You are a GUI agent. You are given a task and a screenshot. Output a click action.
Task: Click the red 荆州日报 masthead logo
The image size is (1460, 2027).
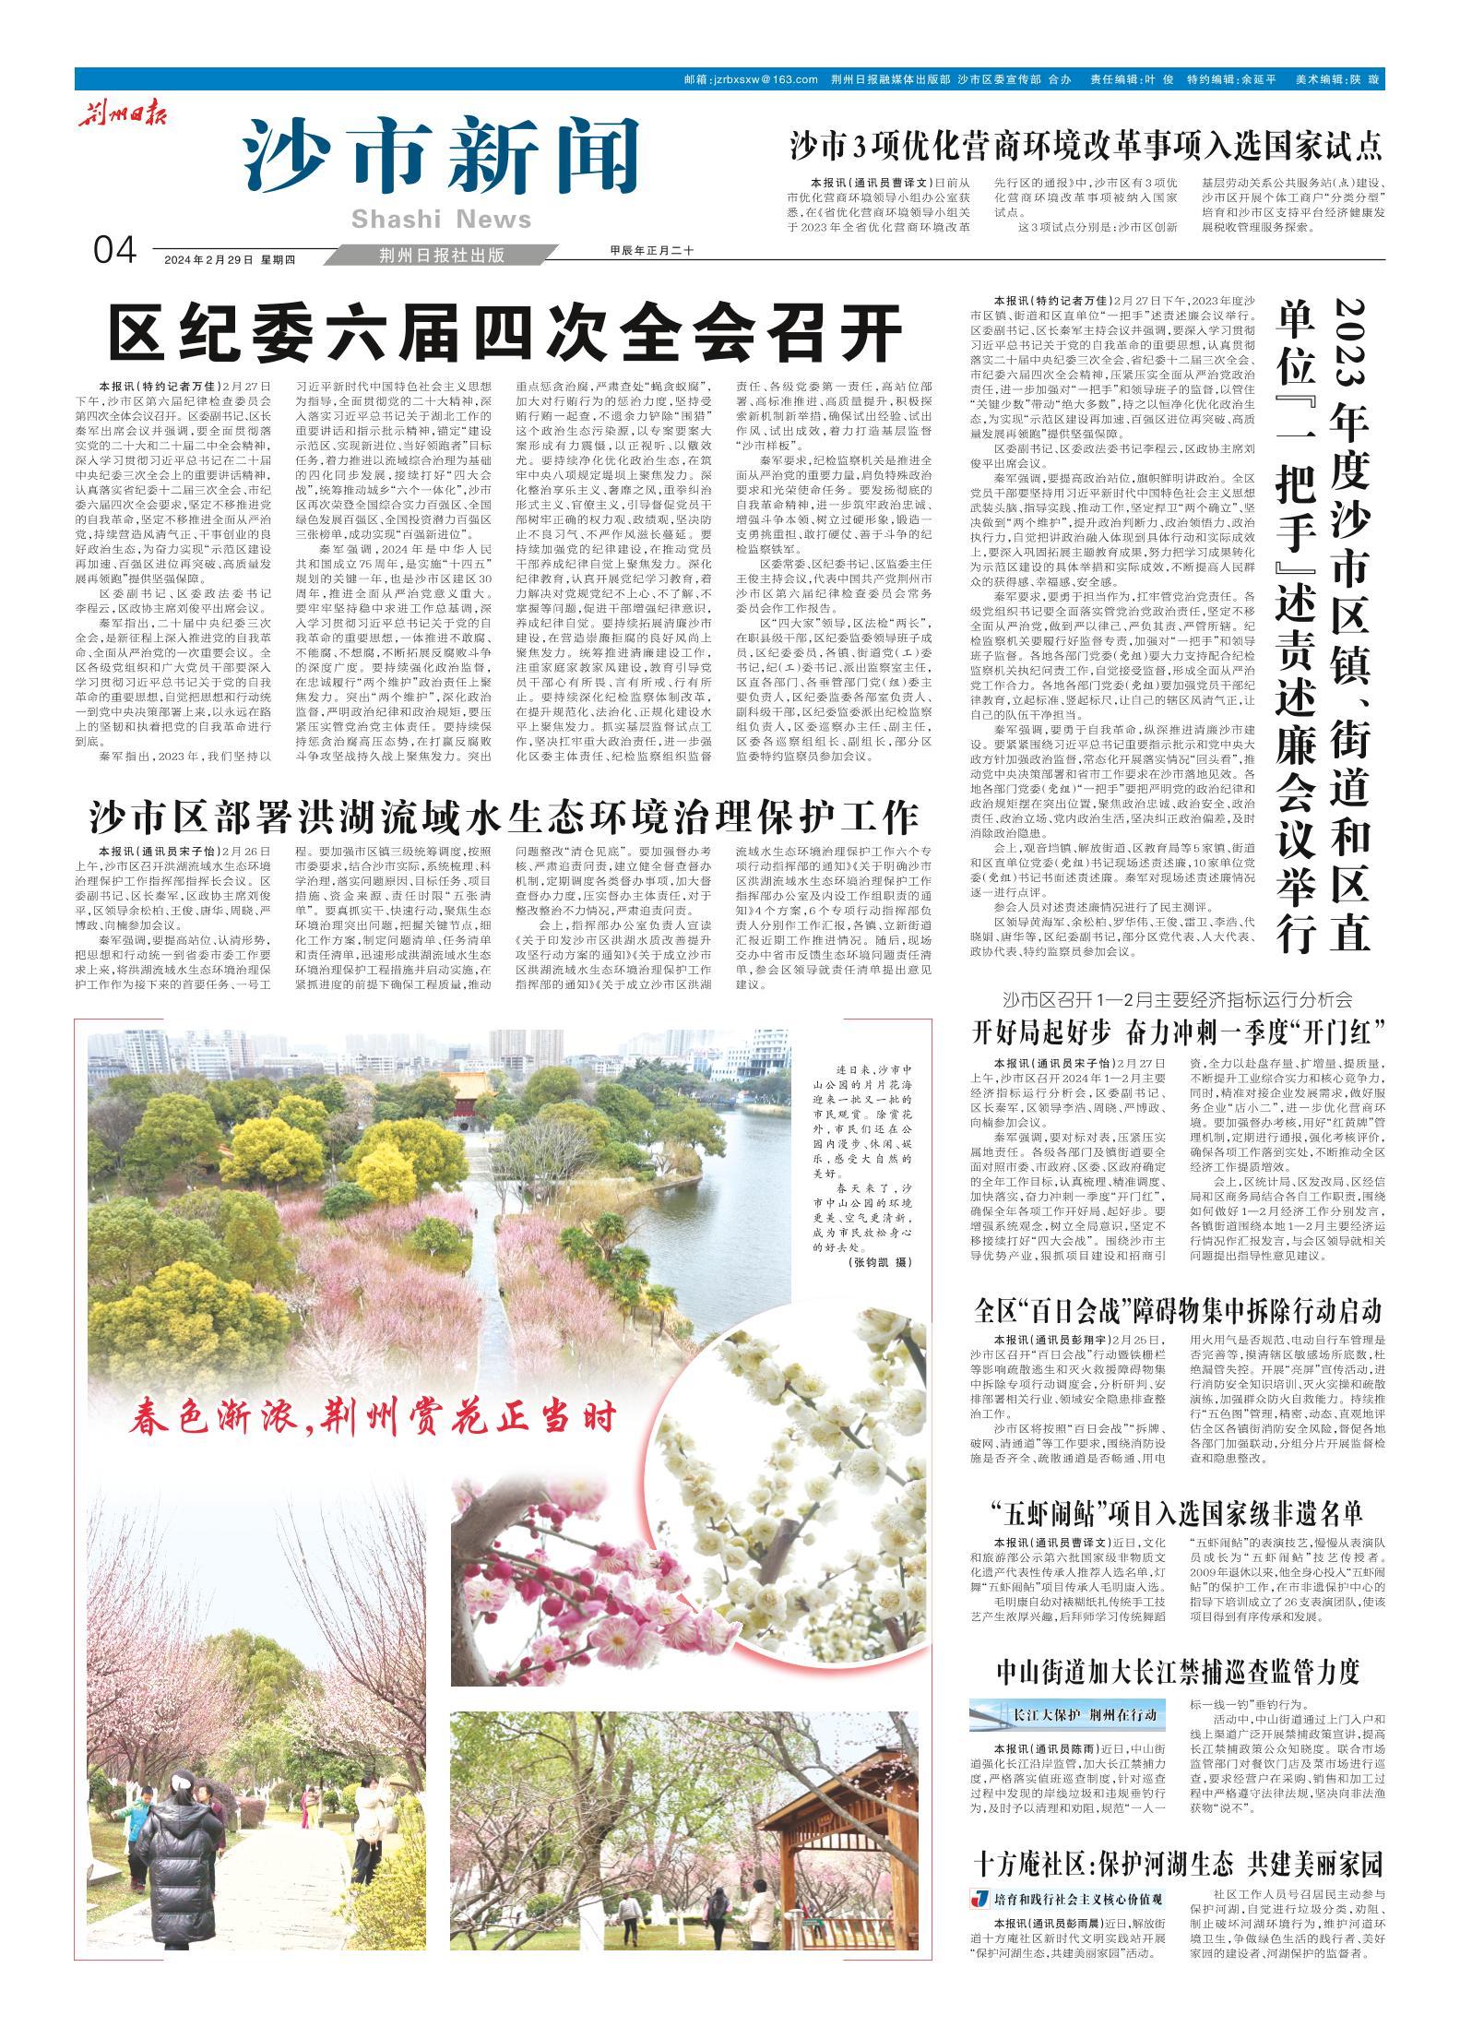tap(119, 115)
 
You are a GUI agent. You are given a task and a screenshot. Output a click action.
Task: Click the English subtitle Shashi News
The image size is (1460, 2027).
tap(442, 219)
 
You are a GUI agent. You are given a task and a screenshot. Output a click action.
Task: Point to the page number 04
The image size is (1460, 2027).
tap(115, 250)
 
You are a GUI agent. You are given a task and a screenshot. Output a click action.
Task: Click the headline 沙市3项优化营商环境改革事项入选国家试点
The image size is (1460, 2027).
tap(1086, 146)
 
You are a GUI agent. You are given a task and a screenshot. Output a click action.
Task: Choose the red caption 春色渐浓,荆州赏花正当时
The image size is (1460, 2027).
tap(373, 1443)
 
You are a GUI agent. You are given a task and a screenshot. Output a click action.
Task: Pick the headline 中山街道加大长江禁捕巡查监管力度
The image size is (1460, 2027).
tap(1178, 1671)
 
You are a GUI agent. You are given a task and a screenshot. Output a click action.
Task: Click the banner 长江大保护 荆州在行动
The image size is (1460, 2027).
tap(1068, 1714)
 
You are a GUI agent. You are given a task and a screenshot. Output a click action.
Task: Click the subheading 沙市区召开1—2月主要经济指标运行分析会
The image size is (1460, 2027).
tap(1178, 999)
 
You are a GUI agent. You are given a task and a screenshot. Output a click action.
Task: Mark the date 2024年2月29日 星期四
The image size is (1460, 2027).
tap(229, 259)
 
